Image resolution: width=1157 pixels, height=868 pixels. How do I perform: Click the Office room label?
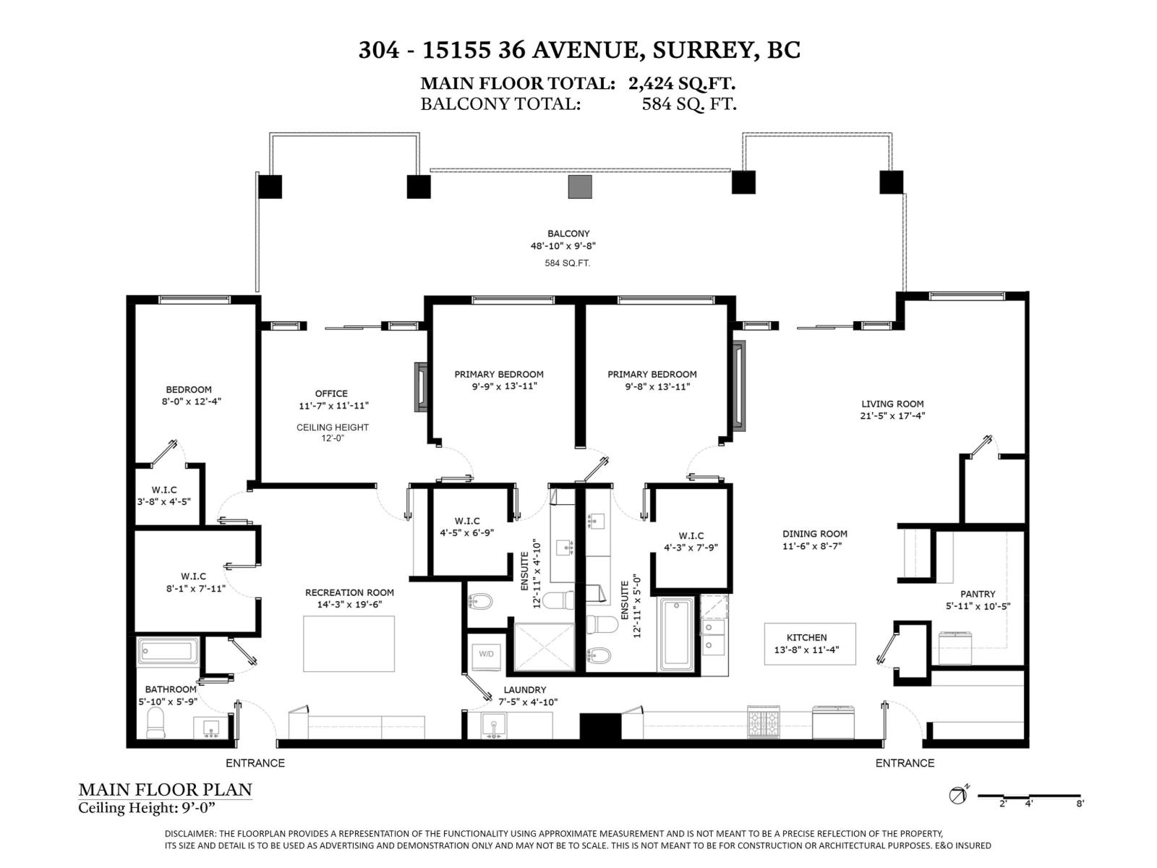331,393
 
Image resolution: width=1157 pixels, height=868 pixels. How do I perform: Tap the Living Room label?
892,404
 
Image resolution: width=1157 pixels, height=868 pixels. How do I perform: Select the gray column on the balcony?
580,187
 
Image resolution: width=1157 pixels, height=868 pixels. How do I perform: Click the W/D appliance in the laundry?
486,654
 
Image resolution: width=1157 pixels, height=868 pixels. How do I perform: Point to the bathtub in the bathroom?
167,650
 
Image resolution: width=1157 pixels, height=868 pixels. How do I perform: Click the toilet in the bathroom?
156,722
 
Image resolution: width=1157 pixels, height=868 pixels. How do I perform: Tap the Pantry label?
978,594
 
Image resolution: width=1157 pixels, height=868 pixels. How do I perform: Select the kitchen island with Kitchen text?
810,644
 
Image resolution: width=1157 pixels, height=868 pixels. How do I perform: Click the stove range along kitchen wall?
764,721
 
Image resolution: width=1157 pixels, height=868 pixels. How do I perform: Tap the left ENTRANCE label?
255,763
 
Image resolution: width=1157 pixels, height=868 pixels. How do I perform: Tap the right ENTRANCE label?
905,763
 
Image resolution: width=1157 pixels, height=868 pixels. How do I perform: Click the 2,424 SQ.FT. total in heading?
682,83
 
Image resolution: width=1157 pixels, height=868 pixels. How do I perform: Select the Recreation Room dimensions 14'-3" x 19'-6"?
349,604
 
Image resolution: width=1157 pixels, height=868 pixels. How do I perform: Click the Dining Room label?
814,534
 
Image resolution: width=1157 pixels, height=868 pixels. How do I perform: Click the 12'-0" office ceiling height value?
333,438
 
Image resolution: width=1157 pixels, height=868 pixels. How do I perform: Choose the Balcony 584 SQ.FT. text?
567,263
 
